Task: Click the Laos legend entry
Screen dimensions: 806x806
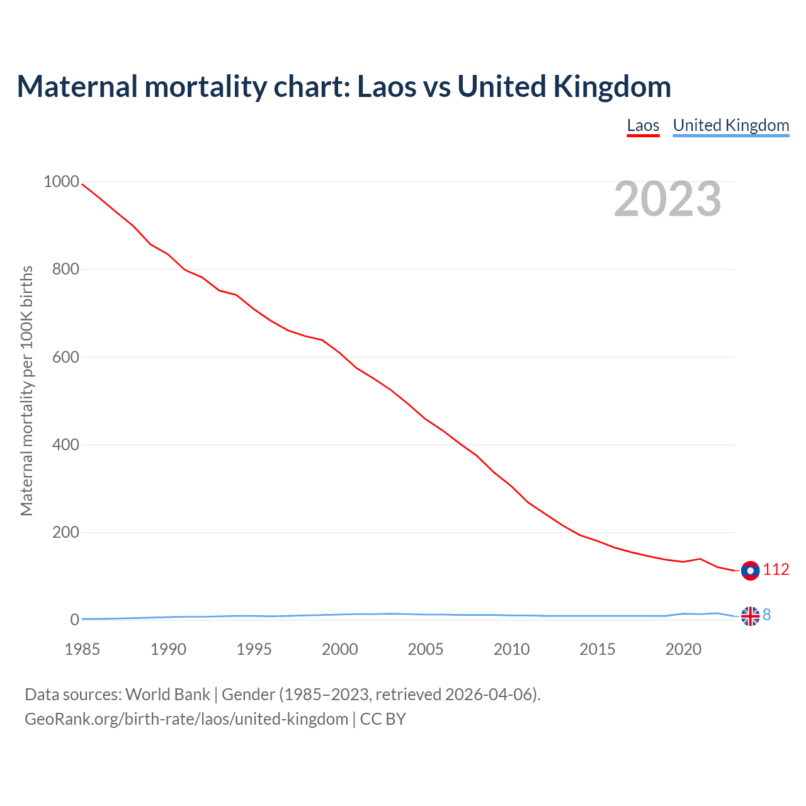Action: (x=643, y=125)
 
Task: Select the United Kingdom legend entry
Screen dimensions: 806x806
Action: (x=730, y=125)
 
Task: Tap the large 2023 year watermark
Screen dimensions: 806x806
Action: (x=667, y=199)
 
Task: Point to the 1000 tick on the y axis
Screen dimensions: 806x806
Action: (x=61, y=182)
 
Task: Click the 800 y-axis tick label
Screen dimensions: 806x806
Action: (x=65, y=270)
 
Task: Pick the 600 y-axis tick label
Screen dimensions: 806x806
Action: (x=65, y=357)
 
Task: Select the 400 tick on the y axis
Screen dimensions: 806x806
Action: (x=65, y=445)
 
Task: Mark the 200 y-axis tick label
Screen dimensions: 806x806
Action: (x=65, y=532)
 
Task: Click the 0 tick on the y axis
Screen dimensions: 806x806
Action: (x=75, y=620)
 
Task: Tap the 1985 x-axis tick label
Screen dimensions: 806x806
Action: (x=82, y=649)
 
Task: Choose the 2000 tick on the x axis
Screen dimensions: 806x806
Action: (x=340, y=649)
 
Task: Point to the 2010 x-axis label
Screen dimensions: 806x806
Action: (x=511, y=649)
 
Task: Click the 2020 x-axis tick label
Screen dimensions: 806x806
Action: (x=683, y=649)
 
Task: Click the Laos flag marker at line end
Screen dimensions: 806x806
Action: (x=750, y=570)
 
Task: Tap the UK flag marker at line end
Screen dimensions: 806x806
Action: (x=750, y=616)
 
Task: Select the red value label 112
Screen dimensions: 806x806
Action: (x=776, y=570)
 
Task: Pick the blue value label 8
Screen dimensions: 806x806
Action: (x=767, y=615)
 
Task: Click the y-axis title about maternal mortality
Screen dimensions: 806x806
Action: (x=26, y=390)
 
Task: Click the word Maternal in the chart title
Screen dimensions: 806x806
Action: (x=77, y=87)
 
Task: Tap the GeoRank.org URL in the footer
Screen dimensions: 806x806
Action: (x=186, y=719)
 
